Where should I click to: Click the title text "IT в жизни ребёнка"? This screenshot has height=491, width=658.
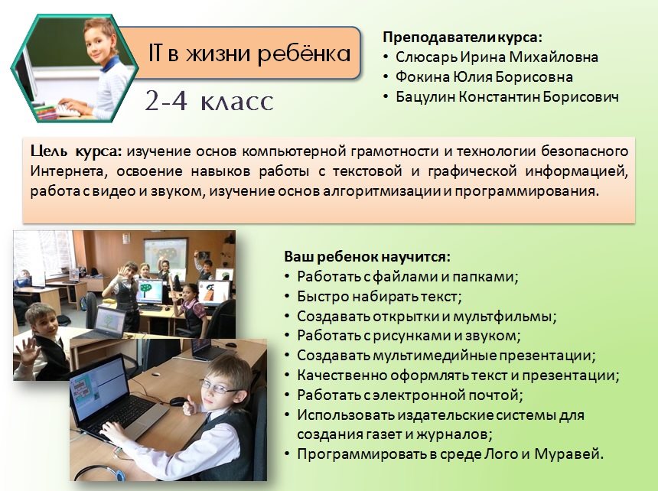249,54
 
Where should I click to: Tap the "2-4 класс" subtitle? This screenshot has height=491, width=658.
209,101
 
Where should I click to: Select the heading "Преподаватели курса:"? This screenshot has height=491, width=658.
462,37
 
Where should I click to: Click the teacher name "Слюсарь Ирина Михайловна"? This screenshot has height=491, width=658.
497,57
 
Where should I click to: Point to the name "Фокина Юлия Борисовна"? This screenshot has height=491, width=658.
484,77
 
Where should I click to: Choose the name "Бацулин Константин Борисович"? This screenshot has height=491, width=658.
507,97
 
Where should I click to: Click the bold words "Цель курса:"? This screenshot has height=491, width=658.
76,151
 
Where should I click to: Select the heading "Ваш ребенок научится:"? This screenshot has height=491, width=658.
367,257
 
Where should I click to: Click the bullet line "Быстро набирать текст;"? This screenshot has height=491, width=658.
379,297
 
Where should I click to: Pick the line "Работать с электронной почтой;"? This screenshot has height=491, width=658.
409,395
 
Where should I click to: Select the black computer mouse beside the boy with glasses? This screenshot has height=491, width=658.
178,402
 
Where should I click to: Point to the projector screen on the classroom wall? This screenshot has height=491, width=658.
166,255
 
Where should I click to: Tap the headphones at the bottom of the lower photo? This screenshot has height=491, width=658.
101,473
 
